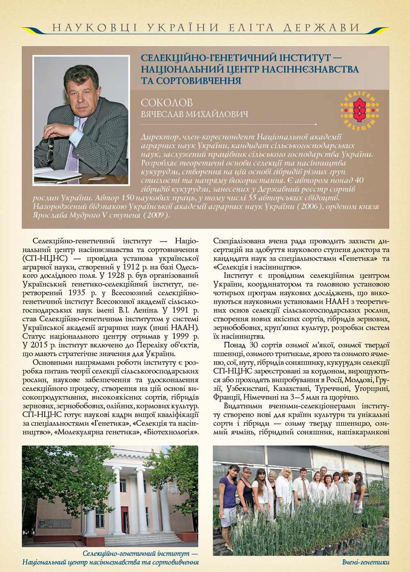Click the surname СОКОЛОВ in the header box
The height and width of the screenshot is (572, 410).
click(x=166, y=103)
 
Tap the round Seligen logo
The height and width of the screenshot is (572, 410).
click(x=360, y=109)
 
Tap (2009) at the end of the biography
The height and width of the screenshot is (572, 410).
click(x=156, y=215)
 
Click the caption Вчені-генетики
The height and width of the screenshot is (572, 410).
click(x=366, y=562)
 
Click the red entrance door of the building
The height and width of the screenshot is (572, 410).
click(x=124, y=520)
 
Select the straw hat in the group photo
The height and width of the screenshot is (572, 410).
click(x=346, y=473)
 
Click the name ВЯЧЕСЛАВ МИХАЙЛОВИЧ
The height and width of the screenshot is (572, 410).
click(x=194, y=114)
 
